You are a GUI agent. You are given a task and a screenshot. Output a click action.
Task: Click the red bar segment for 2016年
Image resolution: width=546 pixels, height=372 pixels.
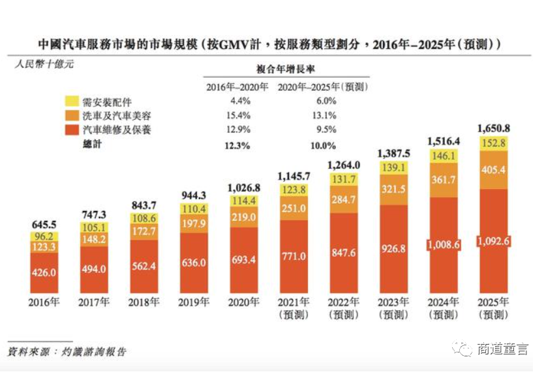point(44,273)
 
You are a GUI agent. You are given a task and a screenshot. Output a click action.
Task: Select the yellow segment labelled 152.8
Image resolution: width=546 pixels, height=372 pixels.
point(493,143)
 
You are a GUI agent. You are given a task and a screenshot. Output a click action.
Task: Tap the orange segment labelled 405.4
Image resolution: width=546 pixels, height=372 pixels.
point(493,170)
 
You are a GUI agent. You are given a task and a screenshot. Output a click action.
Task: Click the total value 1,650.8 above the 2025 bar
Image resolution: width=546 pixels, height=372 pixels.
point(493,128)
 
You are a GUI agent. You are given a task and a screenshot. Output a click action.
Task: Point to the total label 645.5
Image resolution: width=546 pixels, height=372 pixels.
point(44,225)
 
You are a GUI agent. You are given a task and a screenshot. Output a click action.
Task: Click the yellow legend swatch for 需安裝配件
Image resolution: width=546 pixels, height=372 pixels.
point(72,101)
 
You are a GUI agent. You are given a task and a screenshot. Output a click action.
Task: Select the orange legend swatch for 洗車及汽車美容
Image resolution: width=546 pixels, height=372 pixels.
point(72,115)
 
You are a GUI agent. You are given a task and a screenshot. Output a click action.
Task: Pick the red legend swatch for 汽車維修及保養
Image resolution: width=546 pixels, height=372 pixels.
point(72,130)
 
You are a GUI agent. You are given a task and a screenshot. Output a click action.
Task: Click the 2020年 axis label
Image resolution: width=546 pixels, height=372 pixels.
point(243,302)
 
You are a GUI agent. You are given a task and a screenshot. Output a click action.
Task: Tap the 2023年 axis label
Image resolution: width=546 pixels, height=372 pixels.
point(393,302)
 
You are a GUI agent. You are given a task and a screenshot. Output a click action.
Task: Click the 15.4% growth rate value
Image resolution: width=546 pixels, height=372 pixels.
point(238,115)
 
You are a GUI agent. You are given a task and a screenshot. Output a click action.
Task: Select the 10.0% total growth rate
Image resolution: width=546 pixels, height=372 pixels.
point(323,146)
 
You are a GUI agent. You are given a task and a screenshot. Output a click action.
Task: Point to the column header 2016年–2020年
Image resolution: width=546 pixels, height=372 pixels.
point(237,87)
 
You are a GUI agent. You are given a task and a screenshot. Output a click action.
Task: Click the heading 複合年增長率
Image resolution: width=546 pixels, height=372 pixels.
point(286,69)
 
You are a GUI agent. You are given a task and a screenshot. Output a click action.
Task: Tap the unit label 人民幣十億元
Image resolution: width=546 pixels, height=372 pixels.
point(44,64)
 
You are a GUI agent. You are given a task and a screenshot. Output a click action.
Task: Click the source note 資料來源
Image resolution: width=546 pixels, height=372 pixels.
point(29,352)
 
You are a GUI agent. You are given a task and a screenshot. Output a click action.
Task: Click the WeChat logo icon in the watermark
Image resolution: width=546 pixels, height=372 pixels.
point(462,349)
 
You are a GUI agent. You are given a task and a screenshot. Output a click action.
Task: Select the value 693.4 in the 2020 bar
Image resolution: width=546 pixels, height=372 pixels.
point(243,260)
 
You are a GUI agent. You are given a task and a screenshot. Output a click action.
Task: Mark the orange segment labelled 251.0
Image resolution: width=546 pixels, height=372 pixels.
point(294,208)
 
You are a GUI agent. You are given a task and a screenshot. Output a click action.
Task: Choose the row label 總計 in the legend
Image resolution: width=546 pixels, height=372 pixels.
point(92,144)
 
